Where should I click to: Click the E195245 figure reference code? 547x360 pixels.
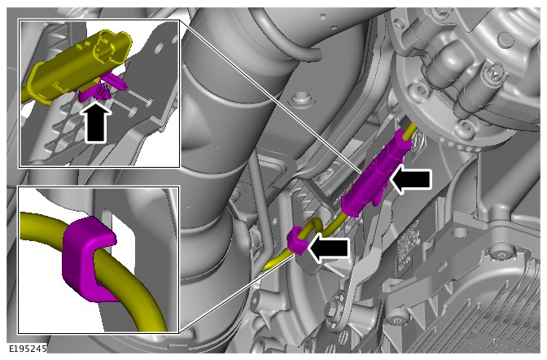pos(27,349)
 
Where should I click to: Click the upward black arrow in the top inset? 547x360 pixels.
pos(95,122)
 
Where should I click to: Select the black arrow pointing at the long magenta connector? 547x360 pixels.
pos(411,181)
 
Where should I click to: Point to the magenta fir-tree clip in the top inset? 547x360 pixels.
pos(100,88)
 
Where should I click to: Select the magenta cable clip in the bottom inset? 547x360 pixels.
pos(89,259)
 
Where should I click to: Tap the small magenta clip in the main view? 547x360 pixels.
pos(297,241)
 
